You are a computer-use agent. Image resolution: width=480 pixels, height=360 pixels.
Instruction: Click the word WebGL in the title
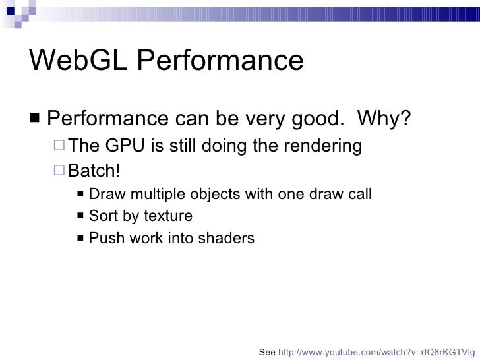point(73,61)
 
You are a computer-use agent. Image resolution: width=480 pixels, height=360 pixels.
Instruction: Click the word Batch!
point(95,171)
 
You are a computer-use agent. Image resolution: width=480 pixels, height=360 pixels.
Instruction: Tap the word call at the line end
point(359,195)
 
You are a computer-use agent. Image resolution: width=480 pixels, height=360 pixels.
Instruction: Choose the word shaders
point(227,238)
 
